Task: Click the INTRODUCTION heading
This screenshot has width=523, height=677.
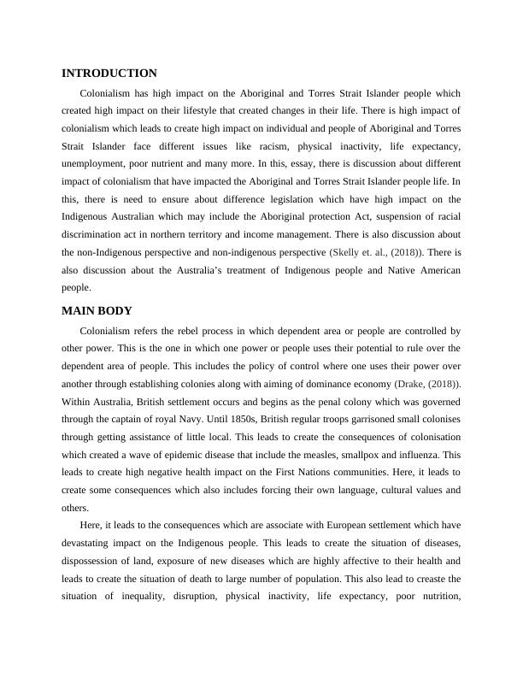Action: tap(109, 74)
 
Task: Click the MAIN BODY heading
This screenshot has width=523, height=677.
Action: tap(97, 310)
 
